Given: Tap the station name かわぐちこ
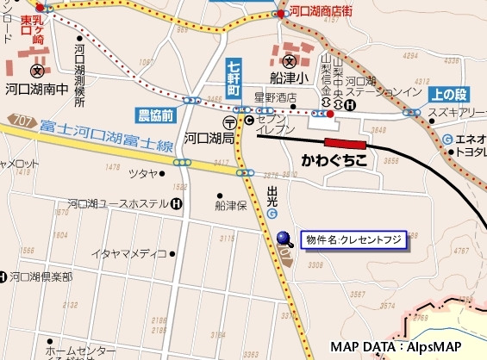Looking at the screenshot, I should (334, 160).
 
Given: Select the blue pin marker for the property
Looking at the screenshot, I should (284, 239).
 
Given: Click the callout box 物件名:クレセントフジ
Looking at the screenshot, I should (353, 240).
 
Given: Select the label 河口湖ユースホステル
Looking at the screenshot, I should (117, 205).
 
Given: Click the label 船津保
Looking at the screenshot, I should (231, 206).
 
